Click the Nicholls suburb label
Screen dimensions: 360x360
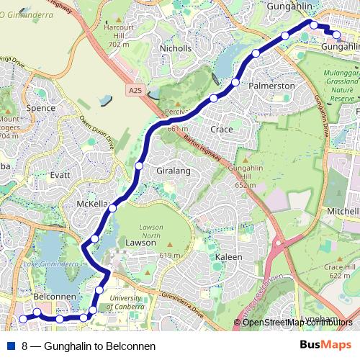tap(176, 48)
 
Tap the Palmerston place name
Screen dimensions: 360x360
tap(272, 86)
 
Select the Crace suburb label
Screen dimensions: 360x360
tap(221, 129)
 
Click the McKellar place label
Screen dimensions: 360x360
tap(92, 204)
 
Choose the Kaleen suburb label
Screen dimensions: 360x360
tap(229, 256)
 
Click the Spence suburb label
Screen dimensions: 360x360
tap(40, 108)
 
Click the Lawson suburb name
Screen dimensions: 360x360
tap(140, 243)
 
